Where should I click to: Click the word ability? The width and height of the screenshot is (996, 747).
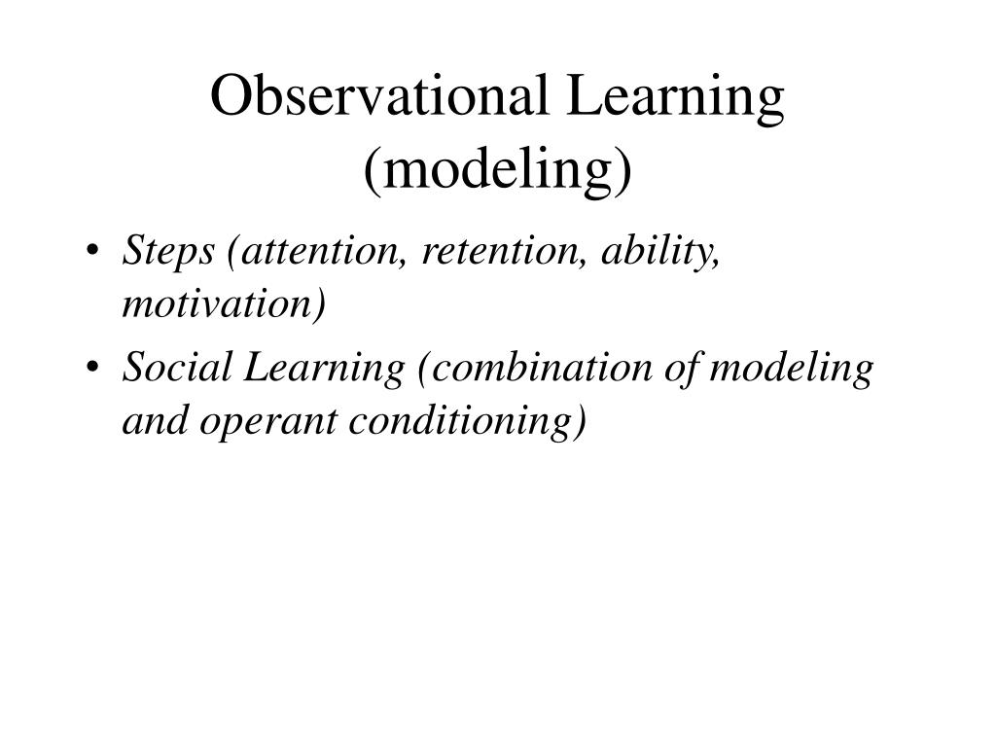[659, 252]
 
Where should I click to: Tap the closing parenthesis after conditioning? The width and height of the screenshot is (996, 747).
[582, 422]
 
